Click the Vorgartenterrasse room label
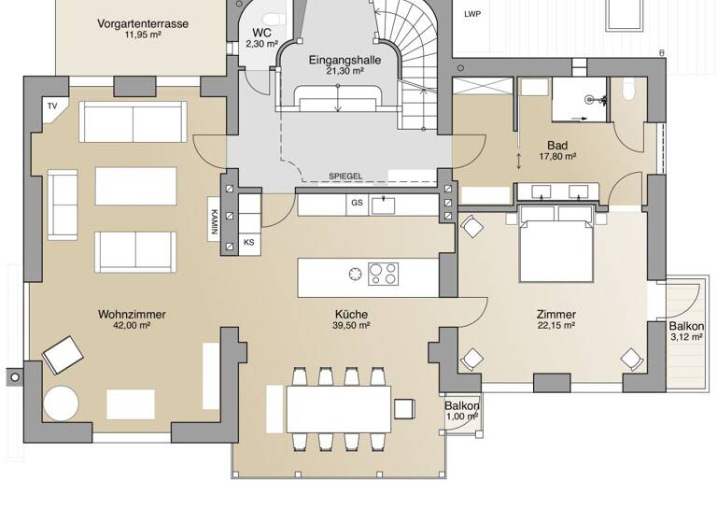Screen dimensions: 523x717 pos(143,23)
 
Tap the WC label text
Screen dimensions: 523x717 pos(262,32)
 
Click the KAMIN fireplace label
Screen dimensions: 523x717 pos(214,220)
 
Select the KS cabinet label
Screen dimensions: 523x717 pos(249,243)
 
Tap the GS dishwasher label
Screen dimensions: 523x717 pos(357,203)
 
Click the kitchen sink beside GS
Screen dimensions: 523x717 pos(381,203)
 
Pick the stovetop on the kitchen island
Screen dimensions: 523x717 pos(383,273)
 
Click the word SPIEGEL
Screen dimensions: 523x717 pos(344,177)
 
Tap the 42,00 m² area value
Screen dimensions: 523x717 pos(132,327)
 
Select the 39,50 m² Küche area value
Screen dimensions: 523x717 pos(352,327)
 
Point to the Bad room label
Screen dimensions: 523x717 pos(556,145)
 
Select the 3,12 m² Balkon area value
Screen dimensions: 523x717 pos(686,338)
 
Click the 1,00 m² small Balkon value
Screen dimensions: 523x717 pos(461,417)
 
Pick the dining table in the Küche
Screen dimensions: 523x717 pos(339,408)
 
